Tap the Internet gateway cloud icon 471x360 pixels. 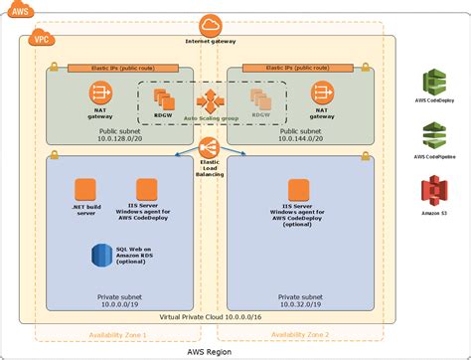click(x=211, y=25)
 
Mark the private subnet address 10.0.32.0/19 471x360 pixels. click(x=303, y=306)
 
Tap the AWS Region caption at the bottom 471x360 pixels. click(x=211, y=351)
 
